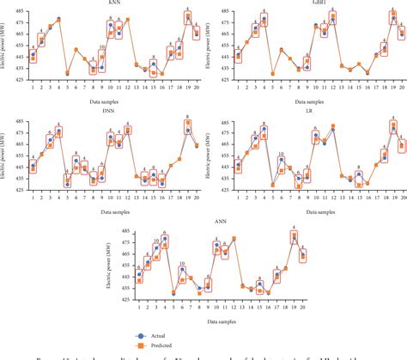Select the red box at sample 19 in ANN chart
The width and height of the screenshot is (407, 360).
[x=294, y=236]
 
